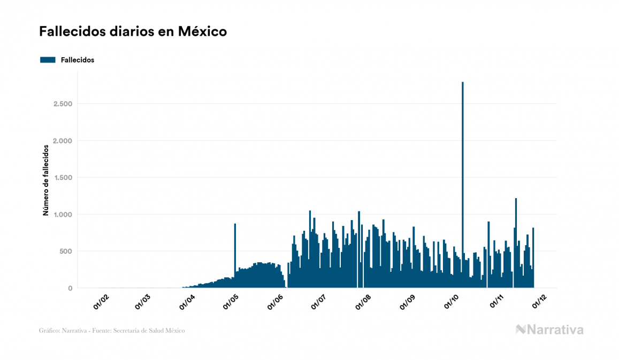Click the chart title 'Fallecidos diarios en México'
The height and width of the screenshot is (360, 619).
[x=133, y=32]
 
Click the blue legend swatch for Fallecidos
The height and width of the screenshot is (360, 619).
[x=48, y=60]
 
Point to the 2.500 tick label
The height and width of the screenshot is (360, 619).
[x=63, y=104]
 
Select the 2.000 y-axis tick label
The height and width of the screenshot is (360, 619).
[x=63, y=140]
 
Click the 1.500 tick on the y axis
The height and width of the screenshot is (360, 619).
[x=63, y=177]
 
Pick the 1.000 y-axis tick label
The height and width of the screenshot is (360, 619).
[x=63, y=215]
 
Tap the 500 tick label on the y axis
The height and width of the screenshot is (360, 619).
[x=66, y=252]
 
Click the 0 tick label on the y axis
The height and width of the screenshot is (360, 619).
[x=70, y=288]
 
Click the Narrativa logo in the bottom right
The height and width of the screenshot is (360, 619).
[x=549, y=330]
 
